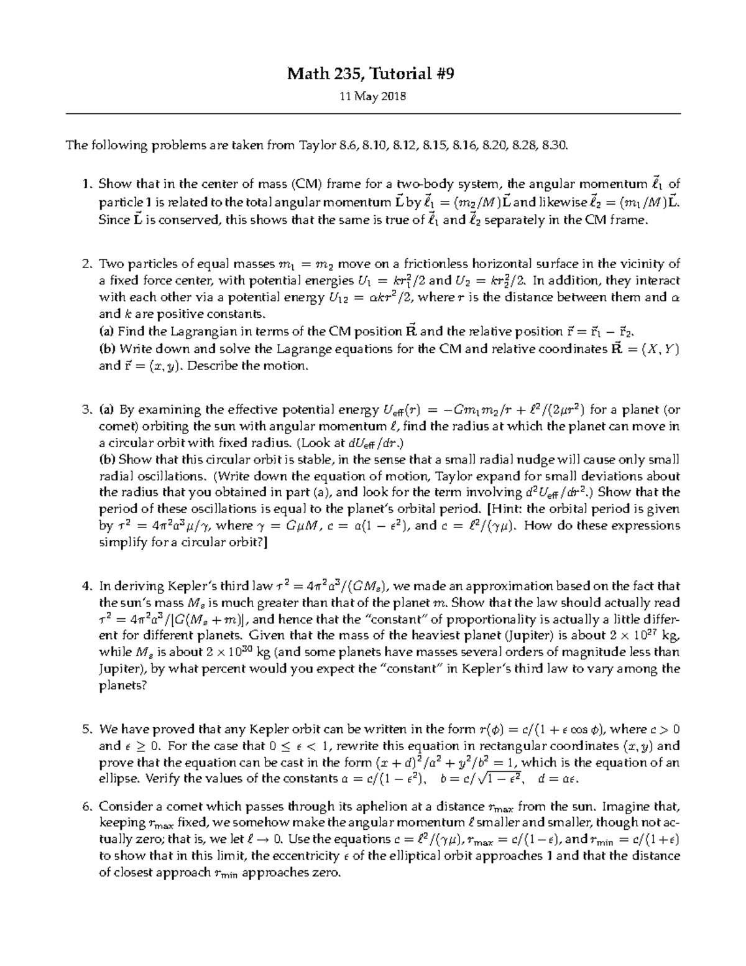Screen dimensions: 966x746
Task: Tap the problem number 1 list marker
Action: [x=88, y=184]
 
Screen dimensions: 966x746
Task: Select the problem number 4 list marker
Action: [x=87, y=586]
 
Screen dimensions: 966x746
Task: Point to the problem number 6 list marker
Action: [x=87, y=807]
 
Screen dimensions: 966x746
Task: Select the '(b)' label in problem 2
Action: [x=108, y=348]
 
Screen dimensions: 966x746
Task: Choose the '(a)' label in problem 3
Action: [x=108, y=410]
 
